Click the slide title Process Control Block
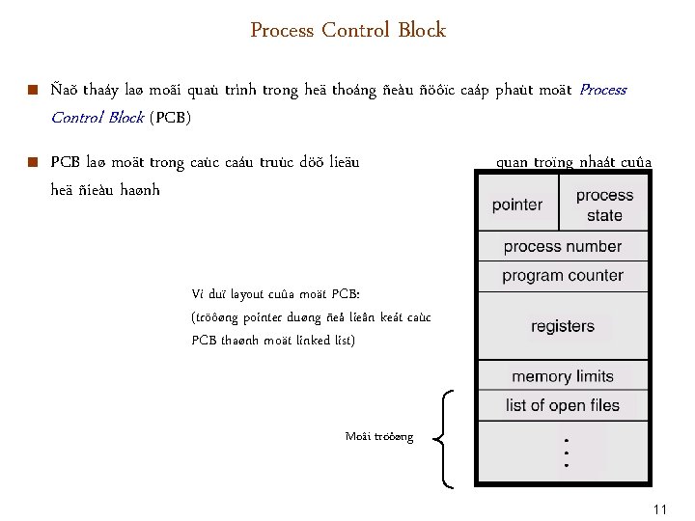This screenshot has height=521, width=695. tap(347, 30)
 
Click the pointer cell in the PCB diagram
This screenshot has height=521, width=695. tap(516, 205)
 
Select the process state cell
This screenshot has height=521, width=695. tap(604, 205)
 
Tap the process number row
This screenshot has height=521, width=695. tap(562, 246)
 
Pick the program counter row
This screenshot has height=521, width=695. tap(562, 276)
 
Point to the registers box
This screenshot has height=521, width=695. tap(562, 326)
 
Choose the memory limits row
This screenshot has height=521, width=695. tap(562, 376)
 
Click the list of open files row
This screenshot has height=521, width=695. tap(562, 405)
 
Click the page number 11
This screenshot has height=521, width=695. tap(660, 508)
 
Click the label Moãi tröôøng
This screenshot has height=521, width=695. tap(379, 437)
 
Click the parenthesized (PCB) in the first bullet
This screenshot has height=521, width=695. tap(171, 118)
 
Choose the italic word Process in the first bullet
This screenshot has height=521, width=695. tap(603, 90)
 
